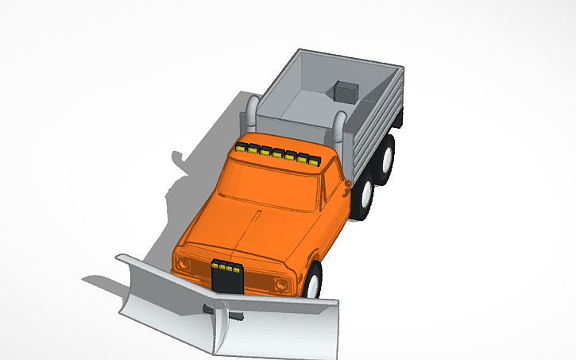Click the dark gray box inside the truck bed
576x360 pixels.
point(346,91)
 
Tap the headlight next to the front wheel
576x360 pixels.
point(281,285)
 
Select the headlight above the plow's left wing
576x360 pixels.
point(184,263)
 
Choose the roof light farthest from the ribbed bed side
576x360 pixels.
point(242,148)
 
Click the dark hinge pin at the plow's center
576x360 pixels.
point(237,315)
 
